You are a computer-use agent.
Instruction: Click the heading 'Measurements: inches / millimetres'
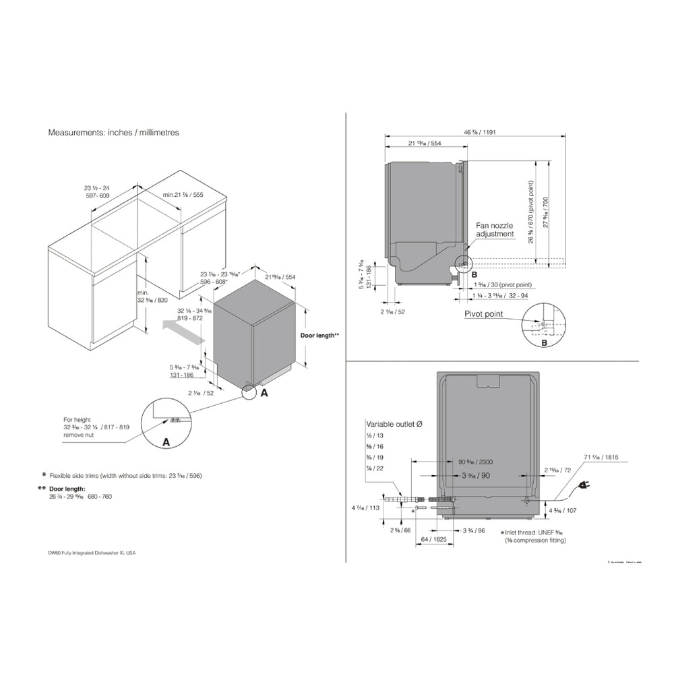pos(113,133)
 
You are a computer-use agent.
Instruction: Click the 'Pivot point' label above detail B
pos(484,313)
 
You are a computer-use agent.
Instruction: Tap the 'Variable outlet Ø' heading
pos(394,424)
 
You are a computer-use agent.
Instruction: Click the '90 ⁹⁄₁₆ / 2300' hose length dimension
pos(477,462)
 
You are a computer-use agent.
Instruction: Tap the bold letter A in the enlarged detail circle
pos(165,442)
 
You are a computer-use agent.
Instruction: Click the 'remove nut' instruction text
pos(80,436)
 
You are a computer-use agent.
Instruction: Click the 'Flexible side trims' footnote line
pos(125,476)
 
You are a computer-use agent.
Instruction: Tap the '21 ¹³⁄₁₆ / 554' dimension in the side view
pos(425,144)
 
